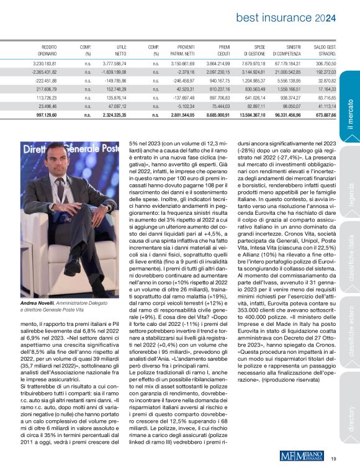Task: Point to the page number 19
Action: tap(333, 459)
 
